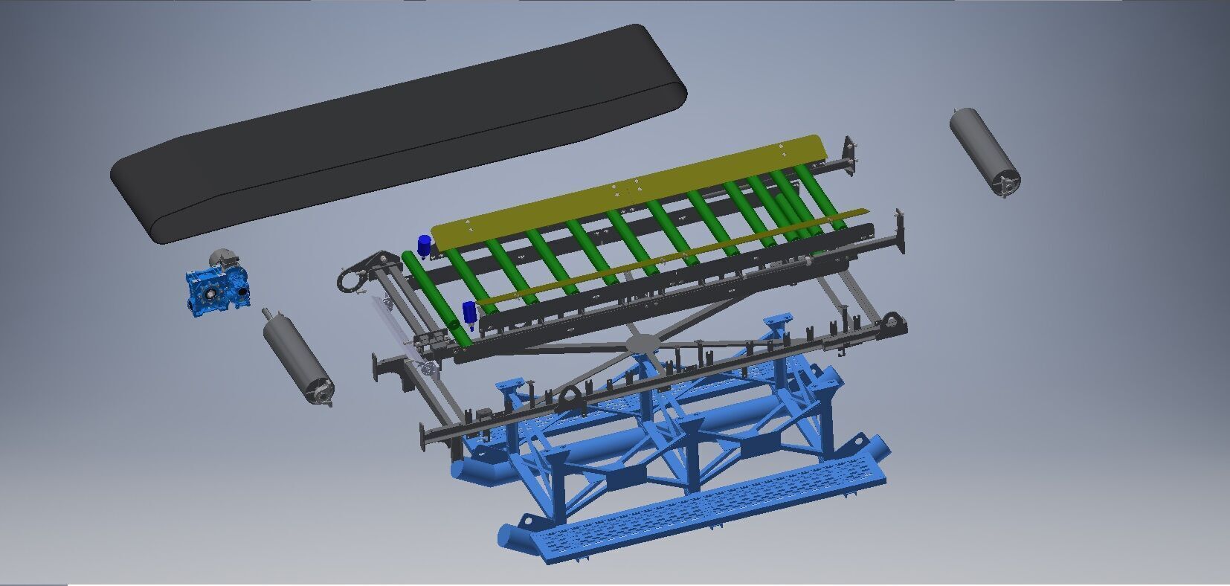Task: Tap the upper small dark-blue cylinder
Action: (424, 245)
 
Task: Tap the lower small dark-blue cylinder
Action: (469, 313)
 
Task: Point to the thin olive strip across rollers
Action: (669, 257)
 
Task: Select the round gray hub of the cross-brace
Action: (641, 343)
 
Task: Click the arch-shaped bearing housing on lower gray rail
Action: (573, 399)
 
